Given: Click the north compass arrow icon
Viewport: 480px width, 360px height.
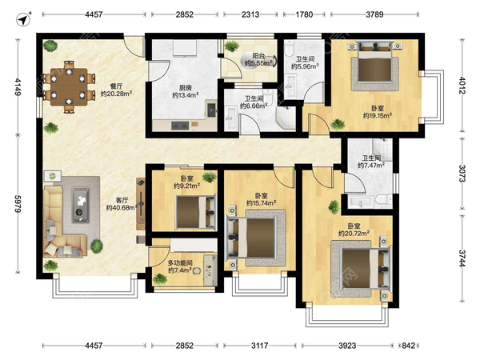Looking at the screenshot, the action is (23, 19).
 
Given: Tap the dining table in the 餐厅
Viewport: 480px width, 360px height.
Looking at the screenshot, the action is (69, 87).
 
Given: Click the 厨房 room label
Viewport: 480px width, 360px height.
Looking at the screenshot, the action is (186, 88).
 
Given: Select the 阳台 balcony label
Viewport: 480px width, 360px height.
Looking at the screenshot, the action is (258, 56).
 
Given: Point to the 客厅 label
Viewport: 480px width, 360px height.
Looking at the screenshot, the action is (122, 200).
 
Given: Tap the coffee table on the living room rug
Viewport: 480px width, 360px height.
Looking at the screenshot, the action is (81, 205).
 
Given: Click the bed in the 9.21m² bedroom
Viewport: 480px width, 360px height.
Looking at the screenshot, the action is (196, 212).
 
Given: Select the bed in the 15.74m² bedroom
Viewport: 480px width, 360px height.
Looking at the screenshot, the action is (251, 238).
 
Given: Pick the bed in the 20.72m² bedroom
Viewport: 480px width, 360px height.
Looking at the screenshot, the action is (366, 270).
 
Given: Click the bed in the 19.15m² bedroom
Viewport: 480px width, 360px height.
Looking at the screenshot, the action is (375, 63).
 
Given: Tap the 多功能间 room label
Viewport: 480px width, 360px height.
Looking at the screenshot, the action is (180, 263).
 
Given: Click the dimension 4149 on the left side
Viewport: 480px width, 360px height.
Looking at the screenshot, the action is (18, 87).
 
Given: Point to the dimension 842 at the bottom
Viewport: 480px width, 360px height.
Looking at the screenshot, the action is (408, 346).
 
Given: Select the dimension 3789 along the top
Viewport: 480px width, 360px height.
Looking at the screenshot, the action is (374, 14).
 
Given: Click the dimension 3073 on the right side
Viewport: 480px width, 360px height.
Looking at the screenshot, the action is (462, 174).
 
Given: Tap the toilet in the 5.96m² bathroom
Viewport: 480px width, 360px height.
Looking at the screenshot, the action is (290, 50).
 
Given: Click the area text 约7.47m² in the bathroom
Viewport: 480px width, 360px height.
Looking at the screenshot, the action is (371, 166).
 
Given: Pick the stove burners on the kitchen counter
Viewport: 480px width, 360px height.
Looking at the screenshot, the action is (180, 126).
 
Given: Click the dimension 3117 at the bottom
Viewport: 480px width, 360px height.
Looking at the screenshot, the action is (259, 346).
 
